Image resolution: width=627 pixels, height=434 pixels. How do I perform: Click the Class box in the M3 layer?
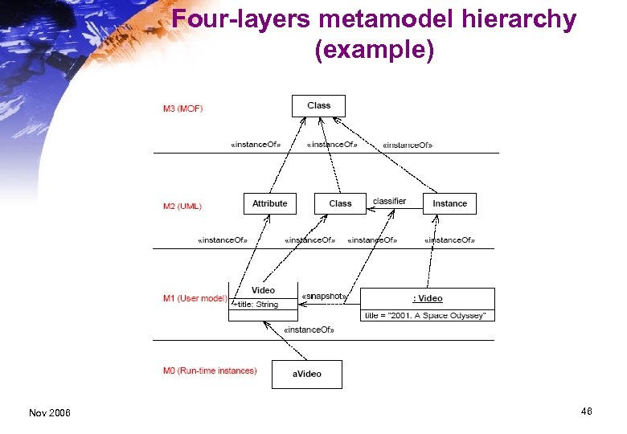318,106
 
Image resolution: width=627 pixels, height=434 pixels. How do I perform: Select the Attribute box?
269,204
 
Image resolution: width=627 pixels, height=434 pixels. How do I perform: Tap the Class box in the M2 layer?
340,204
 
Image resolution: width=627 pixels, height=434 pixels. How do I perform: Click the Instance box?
449,204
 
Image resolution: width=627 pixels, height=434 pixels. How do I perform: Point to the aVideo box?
306,375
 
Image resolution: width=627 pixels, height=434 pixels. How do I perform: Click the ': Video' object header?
427,299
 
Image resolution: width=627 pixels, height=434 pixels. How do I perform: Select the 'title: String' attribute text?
256,305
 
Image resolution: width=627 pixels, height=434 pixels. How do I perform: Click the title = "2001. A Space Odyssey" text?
425,316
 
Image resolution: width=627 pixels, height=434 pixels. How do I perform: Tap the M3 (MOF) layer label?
182,108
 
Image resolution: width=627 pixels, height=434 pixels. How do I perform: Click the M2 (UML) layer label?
182,207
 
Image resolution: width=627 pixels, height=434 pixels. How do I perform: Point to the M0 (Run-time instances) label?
210,371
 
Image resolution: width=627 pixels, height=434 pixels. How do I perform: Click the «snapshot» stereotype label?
324,296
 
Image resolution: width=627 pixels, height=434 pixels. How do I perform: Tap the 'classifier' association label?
389,201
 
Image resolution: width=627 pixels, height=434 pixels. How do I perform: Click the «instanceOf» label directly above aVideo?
309,330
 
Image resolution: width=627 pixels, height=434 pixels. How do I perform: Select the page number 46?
586,411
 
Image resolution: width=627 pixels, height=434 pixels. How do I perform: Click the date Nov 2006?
49,413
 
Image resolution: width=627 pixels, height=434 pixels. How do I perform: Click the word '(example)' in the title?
375,50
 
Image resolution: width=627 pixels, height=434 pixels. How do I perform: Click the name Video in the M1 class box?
263,290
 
